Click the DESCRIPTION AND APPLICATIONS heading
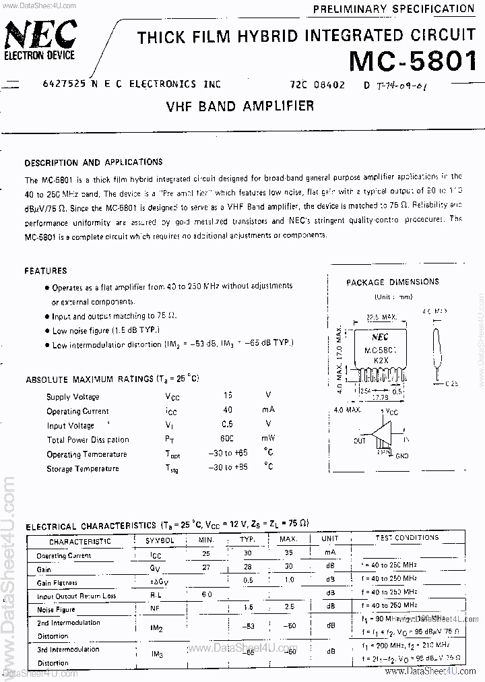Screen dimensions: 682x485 pos(93,162)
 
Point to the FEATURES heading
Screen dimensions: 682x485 pos(46,271)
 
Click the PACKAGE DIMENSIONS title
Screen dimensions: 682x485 pos(392,282)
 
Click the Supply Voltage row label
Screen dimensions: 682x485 pos(73,397)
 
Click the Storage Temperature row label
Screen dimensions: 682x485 pos(82,468)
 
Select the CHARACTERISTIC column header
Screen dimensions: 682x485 pos(79,540)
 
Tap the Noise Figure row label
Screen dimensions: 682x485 pos(56,610)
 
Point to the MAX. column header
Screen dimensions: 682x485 pos(288,540)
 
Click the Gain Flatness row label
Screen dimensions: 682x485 pos(57,583)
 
